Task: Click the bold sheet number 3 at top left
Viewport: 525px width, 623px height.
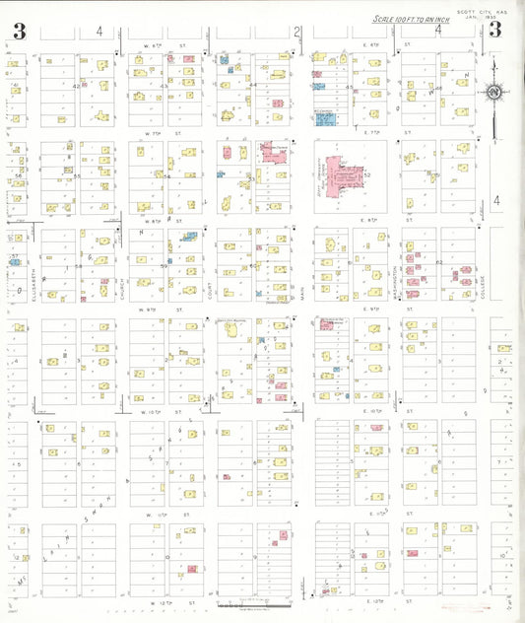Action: (19, 31)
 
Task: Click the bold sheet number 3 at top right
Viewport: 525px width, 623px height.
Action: (494, 30)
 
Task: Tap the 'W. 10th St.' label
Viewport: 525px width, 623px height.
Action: (163, 409)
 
